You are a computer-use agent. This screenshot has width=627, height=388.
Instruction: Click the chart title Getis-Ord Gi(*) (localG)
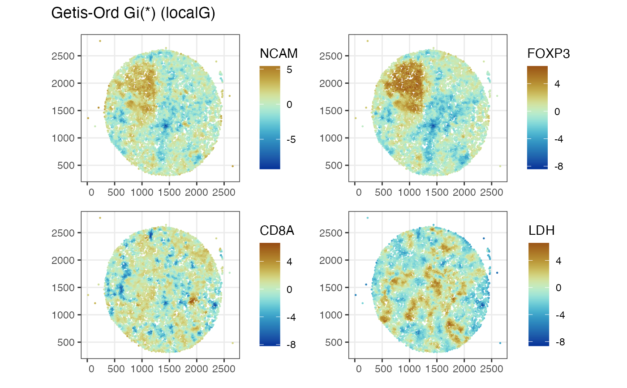pyautogui.click(x=133, y=13)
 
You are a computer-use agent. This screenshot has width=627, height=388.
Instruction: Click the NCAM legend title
pyautogui.click(x=279, y=54)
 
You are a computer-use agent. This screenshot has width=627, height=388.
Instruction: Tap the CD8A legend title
pyautogui.click(x=279, y=230)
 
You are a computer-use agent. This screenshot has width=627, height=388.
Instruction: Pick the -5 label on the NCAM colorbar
pyautogui.click(x=291, y=139)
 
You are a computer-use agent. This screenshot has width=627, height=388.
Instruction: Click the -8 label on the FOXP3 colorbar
pyautogui.click(x=558, y=166)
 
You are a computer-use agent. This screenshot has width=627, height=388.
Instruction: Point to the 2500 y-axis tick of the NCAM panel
pyautogui.click(x=65, y=56)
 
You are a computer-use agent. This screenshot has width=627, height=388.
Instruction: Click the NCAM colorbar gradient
pyautogui.click(x=270, y=117)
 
